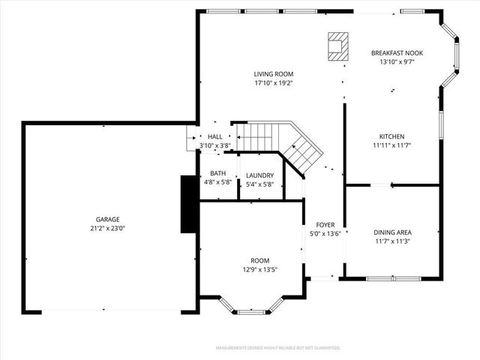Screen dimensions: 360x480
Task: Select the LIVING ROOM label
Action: tap(273, 74)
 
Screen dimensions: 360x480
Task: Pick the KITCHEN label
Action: tap(391, 136)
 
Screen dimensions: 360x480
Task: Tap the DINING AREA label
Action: tap(392, 232)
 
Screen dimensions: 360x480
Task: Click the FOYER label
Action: tap(325, 225)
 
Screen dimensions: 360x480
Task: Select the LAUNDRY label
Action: tap(260, 175)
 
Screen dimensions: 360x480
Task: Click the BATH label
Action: tap(217, 173)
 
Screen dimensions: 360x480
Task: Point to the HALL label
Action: tap(214, 136)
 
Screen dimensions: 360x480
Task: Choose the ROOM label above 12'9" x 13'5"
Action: tap(259, 261)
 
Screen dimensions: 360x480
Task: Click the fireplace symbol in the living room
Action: tap(338, 45)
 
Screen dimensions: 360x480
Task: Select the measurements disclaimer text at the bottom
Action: tap(277, 348)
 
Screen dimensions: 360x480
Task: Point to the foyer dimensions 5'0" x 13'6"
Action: tap(325, 233)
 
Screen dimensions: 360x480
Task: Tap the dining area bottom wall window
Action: tap(391, 278)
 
